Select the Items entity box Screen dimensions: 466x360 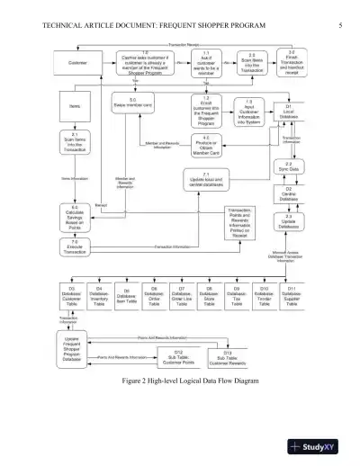(x=75, y=105)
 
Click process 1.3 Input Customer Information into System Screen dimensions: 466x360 (x=248, y=112)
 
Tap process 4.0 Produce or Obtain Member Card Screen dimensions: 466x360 (x=206, y=146)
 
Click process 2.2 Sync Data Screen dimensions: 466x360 (x=289, y=166)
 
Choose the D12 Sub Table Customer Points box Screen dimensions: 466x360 (x=178, y=358)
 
